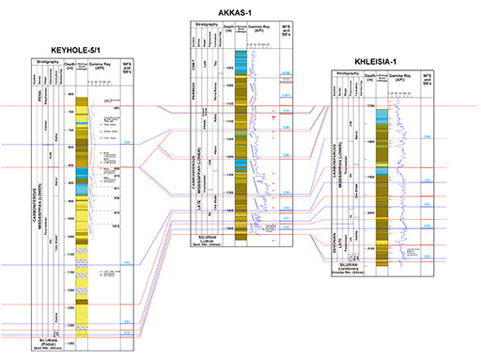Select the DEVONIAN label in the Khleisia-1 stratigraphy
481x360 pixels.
(334, 239)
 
